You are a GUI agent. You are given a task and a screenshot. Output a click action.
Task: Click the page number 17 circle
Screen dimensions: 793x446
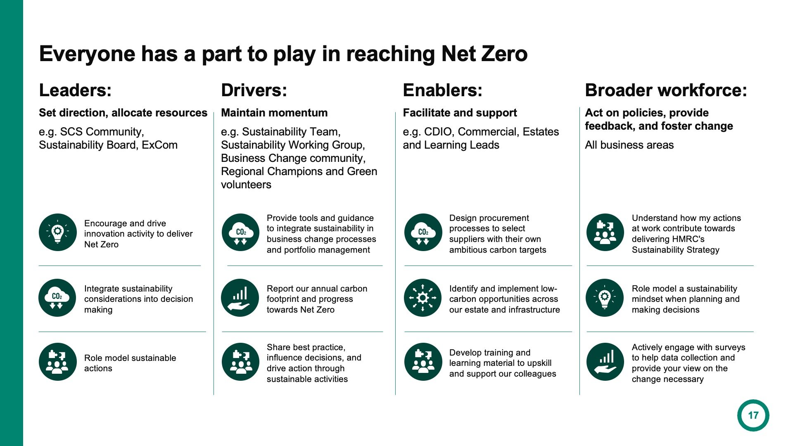pyautogui.click(x=753, y=415)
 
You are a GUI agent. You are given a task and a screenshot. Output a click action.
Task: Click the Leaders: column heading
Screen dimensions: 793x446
pyautogui.click(x=75, y=90)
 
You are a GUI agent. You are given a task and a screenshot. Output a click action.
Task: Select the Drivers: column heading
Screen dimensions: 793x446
pyautogui.click(x=254, y=90)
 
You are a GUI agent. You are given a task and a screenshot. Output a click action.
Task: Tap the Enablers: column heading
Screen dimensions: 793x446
pyautogui.click(x=442, y=90)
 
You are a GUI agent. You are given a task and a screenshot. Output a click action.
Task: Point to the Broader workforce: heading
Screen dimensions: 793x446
pyautogui.click(x=666, y=90)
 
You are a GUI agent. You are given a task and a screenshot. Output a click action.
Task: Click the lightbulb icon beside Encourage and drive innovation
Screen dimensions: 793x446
pyautogui.click(x=58, y=232)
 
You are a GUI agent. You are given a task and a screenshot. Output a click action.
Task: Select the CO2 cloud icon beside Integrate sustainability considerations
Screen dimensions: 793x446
pyautogui.click(x=57, y=298)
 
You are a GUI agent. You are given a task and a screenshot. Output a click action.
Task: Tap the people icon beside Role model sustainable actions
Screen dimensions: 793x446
pyautogui.click(x=58, y=362)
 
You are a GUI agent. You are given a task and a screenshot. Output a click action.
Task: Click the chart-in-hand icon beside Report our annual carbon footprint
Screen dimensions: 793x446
pyautogui.click(x=240, y=298)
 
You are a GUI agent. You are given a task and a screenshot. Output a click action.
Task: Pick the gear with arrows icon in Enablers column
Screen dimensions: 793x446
pyautogui.click(x=423, y=298)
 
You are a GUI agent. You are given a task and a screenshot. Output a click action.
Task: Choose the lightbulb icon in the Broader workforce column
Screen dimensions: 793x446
pyautogui.click(x=605, y=298)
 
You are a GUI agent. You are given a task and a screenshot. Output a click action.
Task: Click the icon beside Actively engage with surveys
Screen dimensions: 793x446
pyautogui.click(x=605, y=362)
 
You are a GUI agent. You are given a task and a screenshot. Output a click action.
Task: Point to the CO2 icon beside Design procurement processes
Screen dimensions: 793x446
pyautogui.click(x=423, y=232)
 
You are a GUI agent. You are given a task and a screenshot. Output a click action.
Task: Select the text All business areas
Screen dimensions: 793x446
pyautogui.click(x=629, y=145)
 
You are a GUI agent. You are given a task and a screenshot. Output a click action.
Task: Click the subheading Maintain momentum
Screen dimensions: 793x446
pyautogui.click(x=274, y=113)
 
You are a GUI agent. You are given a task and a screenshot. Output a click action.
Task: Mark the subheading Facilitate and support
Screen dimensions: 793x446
pyautogui.click(x=460, y=113)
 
